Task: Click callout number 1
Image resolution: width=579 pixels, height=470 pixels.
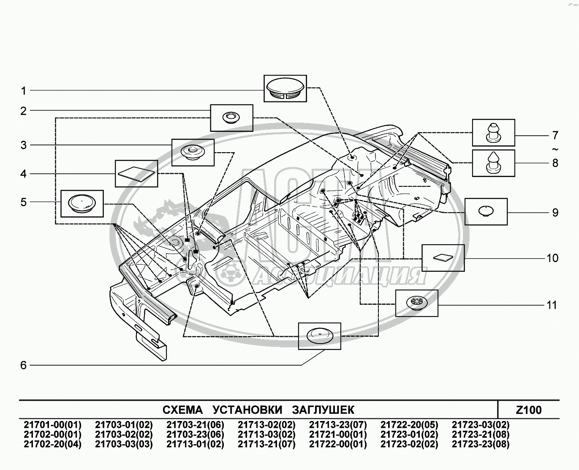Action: point(24,90)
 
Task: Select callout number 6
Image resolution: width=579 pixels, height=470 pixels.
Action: point(24,365)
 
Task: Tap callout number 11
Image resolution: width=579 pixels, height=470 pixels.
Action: point(552,305)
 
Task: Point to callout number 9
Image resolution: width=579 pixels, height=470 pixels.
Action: point(555,212)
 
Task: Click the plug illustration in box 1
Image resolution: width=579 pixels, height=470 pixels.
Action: point(285,89)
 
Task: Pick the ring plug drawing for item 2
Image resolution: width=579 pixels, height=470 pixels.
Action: point(231,117)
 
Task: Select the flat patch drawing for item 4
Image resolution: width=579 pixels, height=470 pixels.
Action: point(136,173)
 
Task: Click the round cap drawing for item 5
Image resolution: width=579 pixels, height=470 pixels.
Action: point(82,203)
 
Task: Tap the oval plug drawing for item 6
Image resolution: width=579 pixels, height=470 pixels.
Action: point(319,336)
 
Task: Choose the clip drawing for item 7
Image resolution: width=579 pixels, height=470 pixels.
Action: point(493,132)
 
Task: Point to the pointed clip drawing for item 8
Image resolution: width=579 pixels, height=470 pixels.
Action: point(493,162)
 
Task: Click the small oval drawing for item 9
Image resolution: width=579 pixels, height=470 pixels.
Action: point(486,211)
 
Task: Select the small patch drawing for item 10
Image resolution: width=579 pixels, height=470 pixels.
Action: point(443,257)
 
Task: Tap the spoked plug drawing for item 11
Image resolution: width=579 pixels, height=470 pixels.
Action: point(416,303)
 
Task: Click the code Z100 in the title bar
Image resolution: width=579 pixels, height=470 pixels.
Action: point(529,410)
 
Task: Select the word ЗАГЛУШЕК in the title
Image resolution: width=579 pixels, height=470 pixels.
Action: point(323,410)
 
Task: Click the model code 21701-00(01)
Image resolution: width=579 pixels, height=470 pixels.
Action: point(52,425)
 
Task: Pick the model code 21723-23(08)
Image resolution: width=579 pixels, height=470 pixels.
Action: point(481,444)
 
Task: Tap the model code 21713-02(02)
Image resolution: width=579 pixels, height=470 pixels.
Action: point(266,425)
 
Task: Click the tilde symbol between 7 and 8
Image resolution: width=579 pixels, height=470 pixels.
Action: point(555,149)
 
